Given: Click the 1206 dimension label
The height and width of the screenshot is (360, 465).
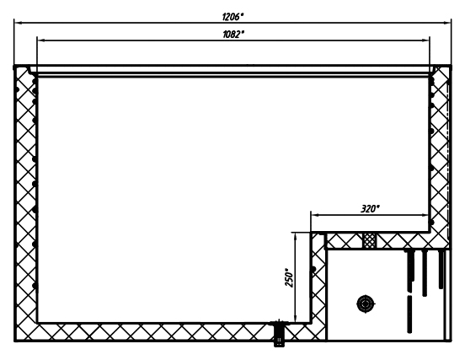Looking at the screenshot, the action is [232, 17].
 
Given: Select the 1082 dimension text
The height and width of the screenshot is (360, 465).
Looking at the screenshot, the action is [233, 35].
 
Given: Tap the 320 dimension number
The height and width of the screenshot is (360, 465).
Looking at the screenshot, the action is [370, 208].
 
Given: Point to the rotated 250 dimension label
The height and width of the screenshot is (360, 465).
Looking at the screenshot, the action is [289, 277].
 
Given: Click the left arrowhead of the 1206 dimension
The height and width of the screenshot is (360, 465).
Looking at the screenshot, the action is [18, 23].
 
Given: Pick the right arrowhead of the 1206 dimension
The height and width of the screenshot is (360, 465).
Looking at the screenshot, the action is [447, 23].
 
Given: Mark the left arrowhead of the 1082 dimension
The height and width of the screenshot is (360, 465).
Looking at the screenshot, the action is [40, 40].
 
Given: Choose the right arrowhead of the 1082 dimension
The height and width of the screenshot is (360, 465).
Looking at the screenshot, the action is [425, 40].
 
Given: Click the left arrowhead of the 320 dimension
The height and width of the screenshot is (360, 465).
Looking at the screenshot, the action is [314, 215].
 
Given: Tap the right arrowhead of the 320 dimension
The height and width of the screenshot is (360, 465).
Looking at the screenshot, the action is [425, 215].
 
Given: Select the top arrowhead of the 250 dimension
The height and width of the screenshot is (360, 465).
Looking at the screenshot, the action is [295, 236].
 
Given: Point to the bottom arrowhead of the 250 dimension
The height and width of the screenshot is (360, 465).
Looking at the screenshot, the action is [295, 319].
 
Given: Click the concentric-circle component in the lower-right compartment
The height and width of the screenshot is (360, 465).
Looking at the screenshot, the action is [366, 304].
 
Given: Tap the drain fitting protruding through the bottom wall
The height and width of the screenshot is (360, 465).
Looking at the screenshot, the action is [278, 333].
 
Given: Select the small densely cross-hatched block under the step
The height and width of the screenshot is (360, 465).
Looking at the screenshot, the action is [370, 240].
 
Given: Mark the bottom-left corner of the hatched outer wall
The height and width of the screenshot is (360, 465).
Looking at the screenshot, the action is [15, 341].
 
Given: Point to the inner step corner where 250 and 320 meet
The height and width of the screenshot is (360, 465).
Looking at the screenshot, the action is [311, 232].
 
